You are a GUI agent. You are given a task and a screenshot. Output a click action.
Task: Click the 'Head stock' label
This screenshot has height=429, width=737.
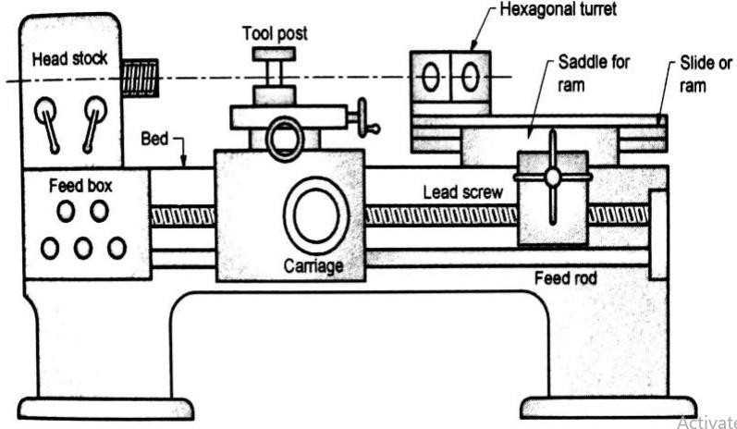(x=69, y=58)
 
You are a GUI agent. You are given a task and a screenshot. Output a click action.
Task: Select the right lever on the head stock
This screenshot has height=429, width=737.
(x=93, y=116)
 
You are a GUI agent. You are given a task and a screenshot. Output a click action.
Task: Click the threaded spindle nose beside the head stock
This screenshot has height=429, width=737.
(x=138, y=76)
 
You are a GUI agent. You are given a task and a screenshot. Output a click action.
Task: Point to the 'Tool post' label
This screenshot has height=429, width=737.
(x=275, y=33)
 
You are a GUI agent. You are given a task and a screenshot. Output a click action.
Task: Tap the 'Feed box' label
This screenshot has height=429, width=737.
(x=80, y=186)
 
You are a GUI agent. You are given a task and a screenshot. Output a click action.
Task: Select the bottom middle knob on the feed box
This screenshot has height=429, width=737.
(x=82, y=248)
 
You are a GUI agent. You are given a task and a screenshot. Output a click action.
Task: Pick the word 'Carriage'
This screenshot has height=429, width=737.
(x=313, y=266)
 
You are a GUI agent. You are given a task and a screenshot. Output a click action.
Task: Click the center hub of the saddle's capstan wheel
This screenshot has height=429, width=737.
(x=552, y=176)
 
